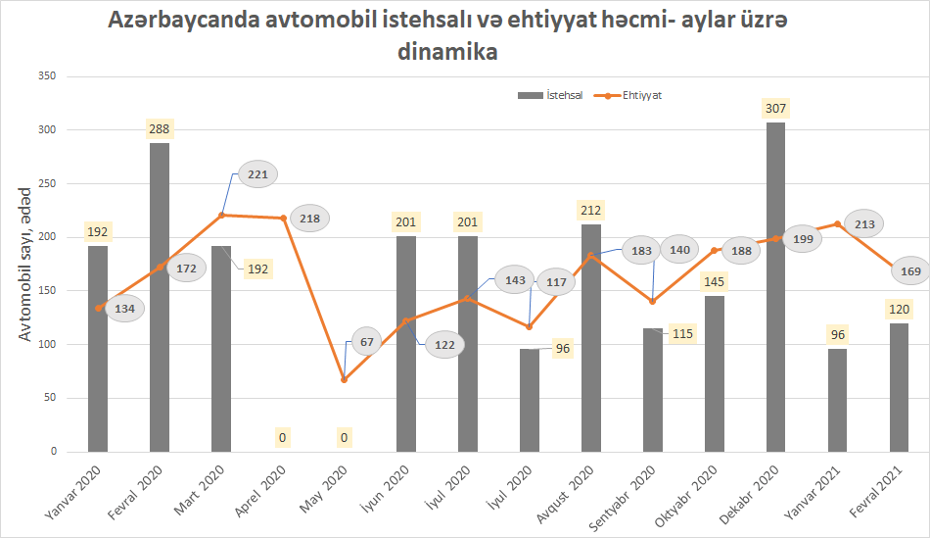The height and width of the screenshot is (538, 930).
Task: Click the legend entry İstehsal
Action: click(x=550, y=95)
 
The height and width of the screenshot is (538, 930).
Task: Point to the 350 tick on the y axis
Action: click(x=46, y=76)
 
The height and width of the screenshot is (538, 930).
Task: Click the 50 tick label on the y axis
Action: click(x=49, y=398)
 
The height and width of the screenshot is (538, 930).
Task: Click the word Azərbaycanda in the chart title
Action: click(x=183, y=21)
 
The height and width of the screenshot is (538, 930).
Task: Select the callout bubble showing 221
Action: click(x=257, y=174)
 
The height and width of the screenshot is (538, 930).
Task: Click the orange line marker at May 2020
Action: click(x=344, y=379)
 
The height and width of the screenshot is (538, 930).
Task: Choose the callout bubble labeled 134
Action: click(x=125, y=310)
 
